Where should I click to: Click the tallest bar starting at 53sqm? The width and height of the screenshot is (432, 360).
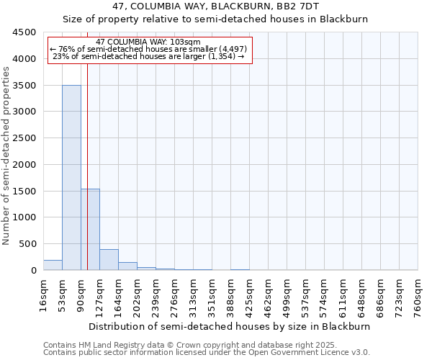tap(71, 177)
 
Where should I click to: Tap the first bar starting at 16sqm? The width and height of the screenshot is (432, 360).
tap(53, 265)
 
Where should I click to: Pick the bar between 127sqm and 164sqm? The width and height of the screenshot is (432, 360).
tap(109, 260)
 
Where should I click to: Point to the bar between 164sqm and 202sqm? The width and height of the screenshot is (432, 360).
tap(127, 266)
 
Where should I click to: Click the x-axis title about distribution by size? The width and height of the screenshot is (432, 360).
tap(230, 326)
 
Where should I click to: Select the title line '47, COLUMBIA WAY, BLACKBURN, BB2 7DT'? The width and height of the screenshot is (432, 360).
tap(215, 6)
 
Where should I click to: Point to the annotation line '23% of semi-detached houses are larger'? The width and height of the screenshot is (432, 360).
tap(149, 56)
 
